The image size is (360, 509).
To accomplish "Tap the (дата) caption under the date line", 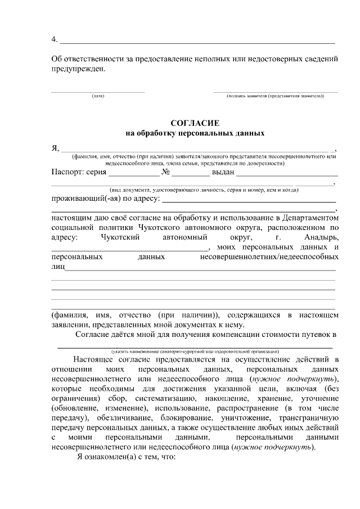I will pyautogui.click(x=98, y=96).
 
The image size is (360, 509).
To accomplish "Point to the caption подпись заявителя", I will pyautogui.click(x=275, y=96).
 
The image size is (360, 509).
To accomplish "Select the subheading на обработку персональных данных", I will pyautogui.click(x=194, y=134).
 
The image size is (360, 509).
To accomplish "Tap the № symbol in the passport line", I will pyautogui.click(x=166, y=172).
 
